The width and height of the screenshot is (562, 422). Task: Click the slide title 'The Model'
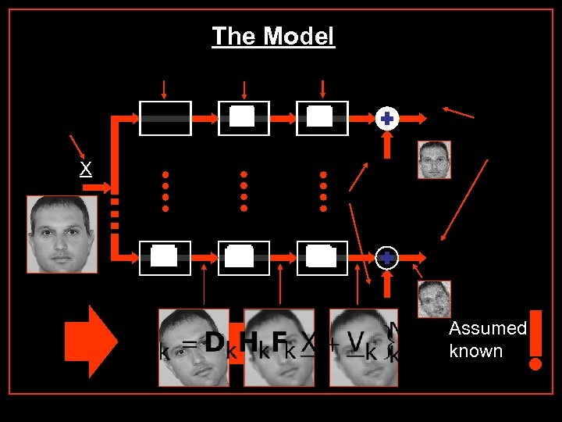click(x=273, y=36)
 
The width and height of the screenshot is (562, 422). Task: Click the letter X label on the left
click(x=86, y=169)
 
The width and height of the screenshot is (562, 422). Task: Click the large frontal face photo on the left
click(x=62, y=234)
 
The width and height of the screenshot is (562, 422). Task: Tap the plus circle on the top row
click(x=386, y=119)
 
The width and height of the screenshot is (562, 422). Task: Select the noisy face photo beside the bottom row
click(x=433, y=299)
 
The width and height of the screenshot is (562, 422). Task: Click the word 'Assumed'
click(x=488, y=329)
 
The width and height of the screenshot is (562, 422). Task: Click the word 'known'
click(x=476, y=351)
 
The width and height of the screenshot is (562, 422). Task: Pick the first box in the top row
click(x=165, y=119)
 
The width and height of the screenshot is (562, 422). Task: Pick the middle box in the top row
click(x=244, y=119)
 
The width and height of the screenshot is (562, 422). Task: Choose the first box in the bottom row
click(x=165, y=258)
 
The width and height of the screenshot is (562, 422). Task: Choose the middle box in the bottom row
click(x=244, y=258)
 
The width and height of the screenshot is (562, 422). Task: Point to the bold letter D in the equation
click(x=215, y=342)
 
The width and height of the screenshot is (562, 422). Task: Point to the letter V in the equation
click(x=356, y=342)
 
